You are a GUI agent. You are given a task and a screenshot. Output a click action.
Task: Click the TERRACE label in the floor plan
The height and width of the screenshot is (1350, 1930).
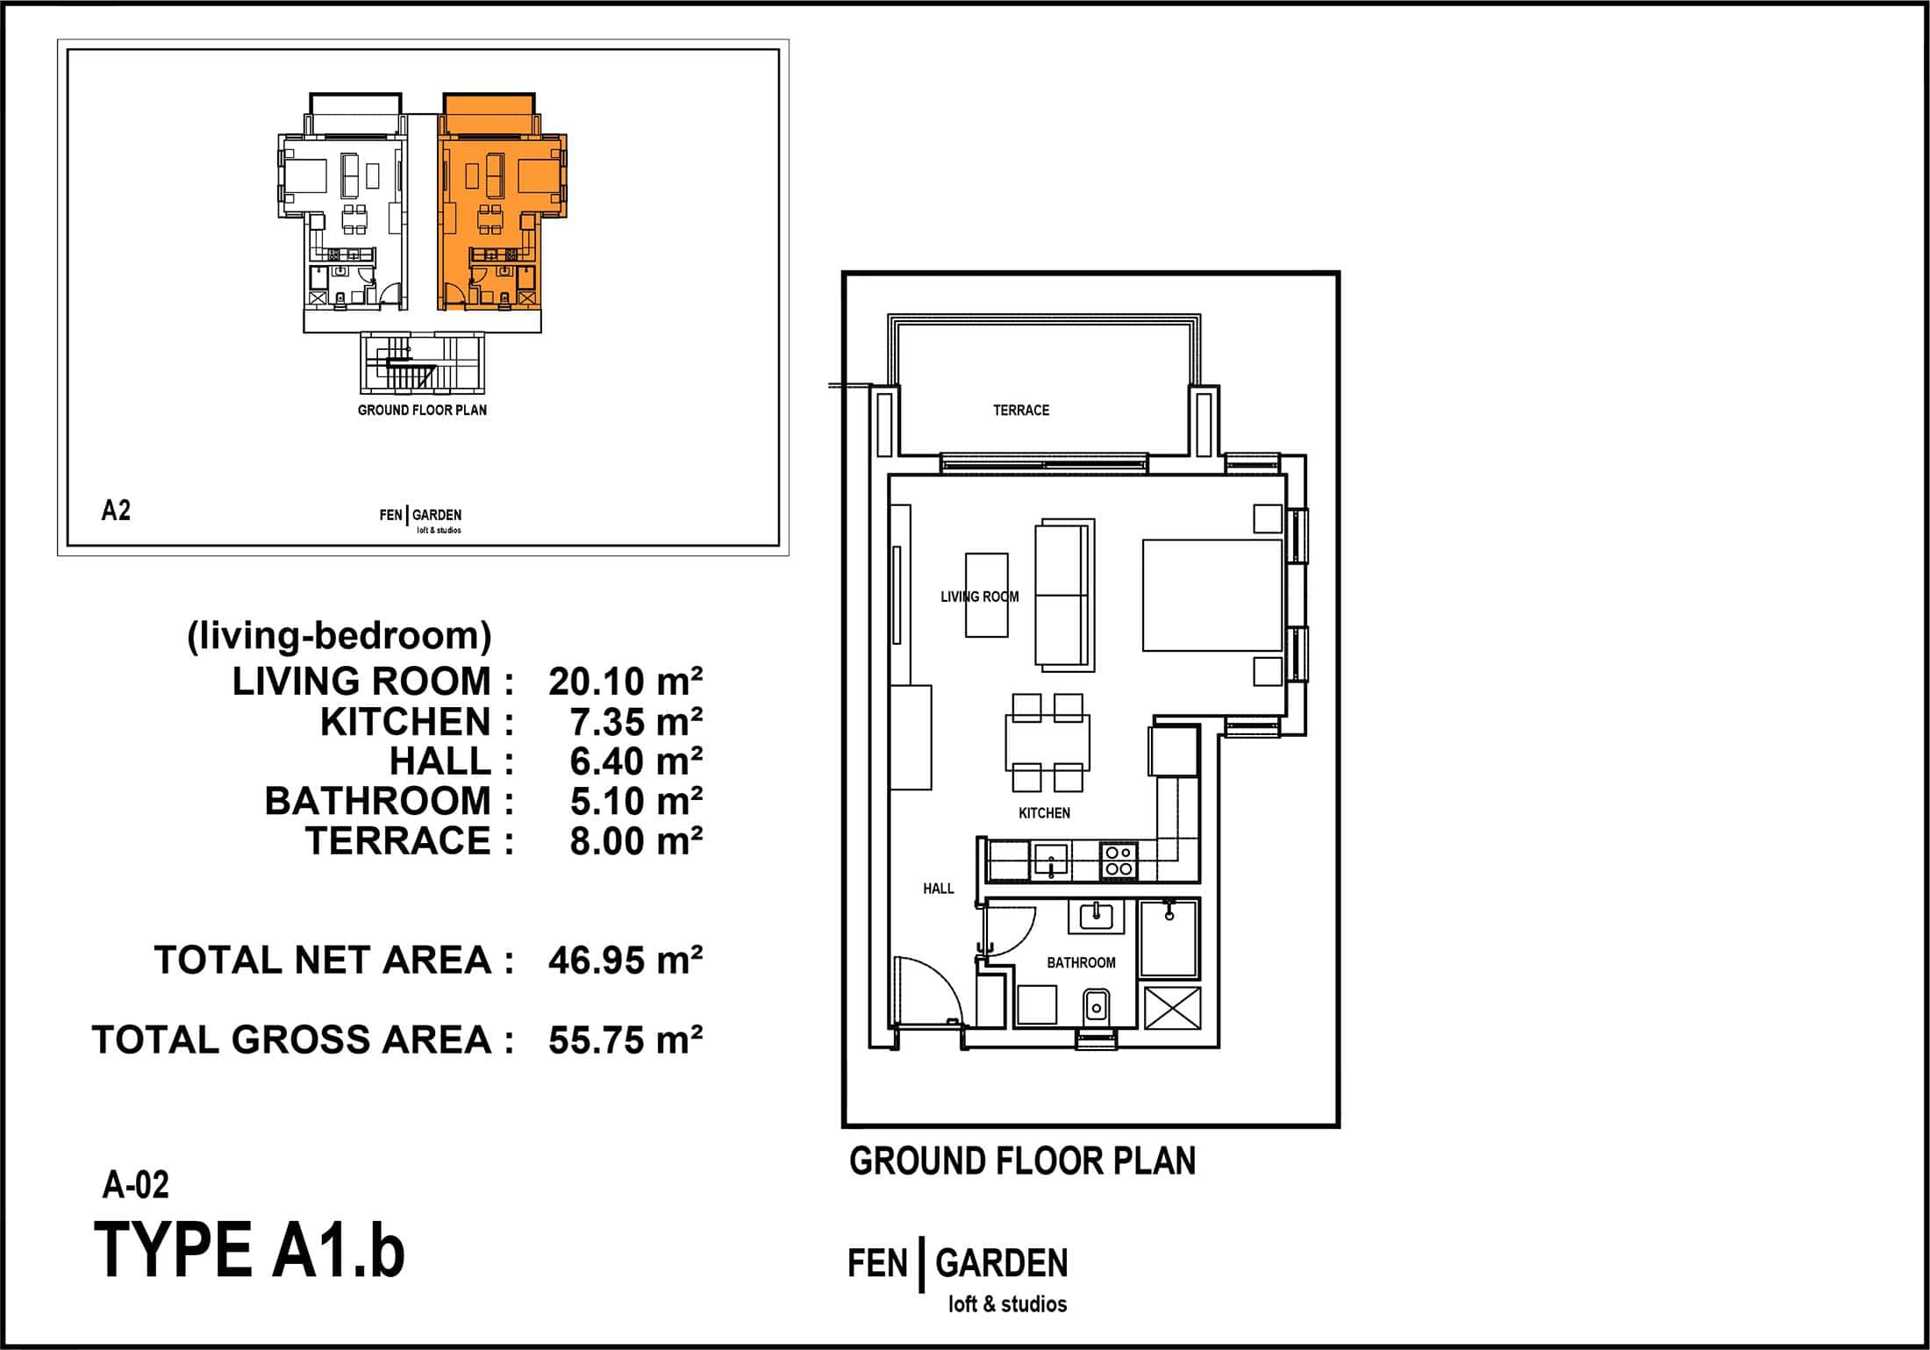click(x=1020, y=410)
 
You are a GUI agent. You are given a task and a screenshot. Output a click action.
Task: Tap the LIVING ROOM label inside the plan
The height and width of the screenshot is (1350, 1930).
click(x=979, y=596)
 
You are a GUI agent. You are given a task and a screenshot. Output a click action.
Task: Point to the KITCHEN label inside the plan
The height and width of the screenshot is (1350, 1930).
click(x=1044, y=813)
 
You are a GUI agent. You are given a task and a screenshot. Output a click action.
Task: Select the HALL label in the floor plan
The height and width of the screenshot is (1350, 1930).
click(x=938, y=889)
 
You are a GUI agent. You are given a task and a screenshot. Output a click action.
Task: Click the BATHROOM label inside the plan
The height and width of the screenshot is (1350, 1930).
click(x=1081, y=962)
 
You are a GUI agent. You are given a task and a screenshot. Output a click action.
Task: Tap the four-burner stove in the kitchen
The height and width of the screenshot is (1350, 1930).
click(x=1118, y=861)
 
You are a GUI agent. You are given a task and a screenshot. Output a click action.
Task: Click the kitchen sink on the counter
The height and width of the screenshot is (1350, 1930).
click(x=1050, y=861)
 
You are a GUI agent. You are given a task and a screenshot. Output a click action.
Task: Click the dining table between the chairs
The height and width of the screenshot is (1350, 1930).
click(x=1048, y=741)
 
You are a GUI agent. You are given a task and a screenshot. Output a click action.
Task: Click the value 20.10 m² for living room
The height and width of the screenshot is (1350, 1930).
click(x=625, y=681)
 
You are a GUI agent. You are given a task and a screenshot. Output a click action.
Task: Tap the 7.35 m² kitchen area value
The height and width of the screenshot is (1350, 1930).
click(x=636, y=722)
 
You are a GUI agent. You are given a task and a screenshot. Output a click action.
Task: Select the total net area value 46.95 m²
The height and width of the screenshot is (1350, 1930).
click(x=625, y=961)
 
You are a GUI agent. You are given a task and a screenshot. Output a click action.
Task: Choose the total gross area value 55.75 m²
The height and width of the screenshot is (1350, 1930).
click(x=625, y=1039)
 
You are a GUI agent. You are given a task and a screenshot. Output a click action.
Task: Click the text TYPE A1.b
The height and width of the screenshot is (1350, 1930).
click(x=249, y=1250)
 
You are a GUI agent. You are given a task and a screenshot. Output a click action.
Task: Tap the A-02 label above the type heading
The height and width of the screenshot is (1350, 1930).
click(x=136, y=1185)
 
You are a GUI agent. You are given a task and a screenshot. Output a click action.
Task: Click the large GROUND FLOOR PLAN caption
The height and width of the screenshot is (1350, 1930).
click(x=1022, y=1161)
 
